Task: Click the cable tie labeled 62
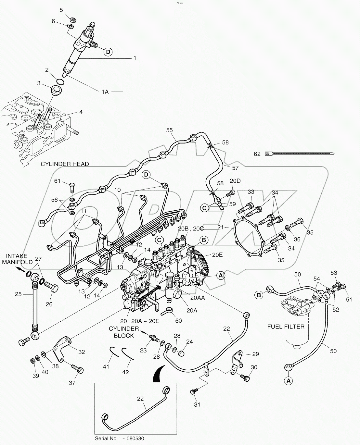299,154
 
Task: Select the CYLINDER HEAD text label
65,164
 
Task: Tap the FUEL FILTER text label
286,326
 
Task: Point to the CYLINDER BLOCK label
123,332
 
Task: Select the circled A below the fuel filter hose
288,381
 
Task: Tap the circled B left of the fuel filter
259,295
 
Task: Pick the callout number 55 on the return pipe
169,130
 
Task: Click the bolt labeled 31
194,392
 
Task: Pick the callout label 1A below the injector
105,92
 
